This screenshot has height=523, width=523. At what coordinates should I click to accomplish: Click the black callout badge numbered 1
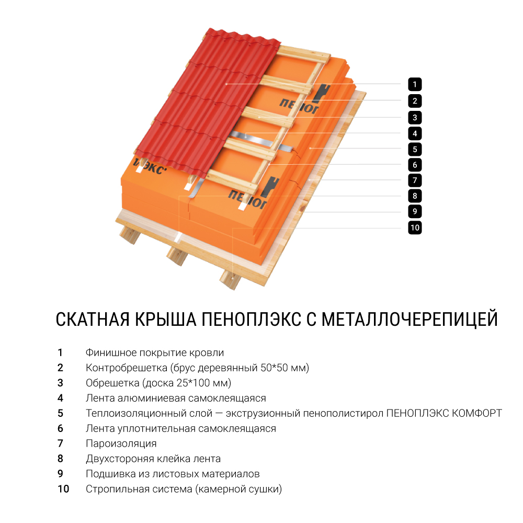point(415,84)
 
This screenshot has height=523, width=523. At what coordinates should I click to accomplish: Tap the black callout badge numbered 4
point(415,134)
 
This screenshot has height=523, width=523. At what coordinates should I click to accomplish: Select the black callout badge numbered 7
point(415,180)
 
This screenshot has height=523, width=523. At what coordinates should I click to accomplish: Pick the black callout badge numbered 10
point(415,228)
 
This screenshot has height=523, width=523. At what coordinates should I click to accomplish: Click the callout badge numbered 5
point(415,149)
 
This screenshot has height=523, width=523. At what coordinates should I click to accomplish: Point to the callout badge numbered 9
point(415,211)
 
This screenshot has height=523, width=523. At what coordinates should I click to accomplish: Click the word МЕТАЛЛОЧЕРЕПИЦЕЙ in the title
point(410,319)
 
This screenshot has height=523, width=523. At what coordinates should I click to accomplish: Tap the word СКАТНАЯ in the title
point(93,319)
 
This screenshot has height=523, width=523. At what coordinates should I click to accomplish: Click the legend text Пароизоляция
point(121,444)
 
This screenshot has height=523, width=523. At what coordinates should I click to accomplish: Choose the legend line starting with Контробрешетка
point(198,368)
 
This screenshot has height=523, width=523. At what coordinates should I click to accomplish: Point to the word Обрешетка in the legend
point(112,383)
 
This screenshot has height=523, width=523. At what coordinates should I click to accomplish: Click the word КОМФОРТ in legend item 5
point(477,413)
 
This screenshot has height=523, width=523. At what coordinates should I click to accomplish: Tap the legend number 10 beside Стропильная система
point(63,489)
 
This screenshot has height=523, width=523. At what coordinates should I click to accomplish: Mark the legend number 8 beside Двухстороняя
point(60,459)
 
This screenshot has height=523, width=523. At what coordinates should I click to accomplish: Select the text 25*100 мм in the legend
point(204,383)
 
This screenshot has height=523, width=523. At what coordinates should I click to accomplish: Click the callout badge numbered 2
point(415,101)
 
